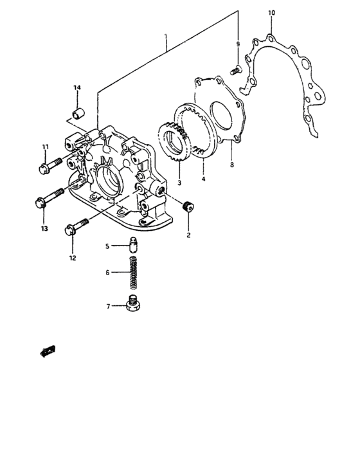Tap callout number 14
click(x=76, y=87)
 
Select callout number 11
click(x=46, y=147)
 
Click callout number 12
click(x=73, y=257)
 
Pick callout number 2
click(x=189, y=235)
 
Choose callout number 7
click(x=109, y=307)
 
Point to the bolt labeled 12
click(x=77, y=227)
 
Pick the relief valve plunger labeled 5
click(x=134, y=245)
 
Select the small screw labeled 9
click(x=236, y=68)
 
